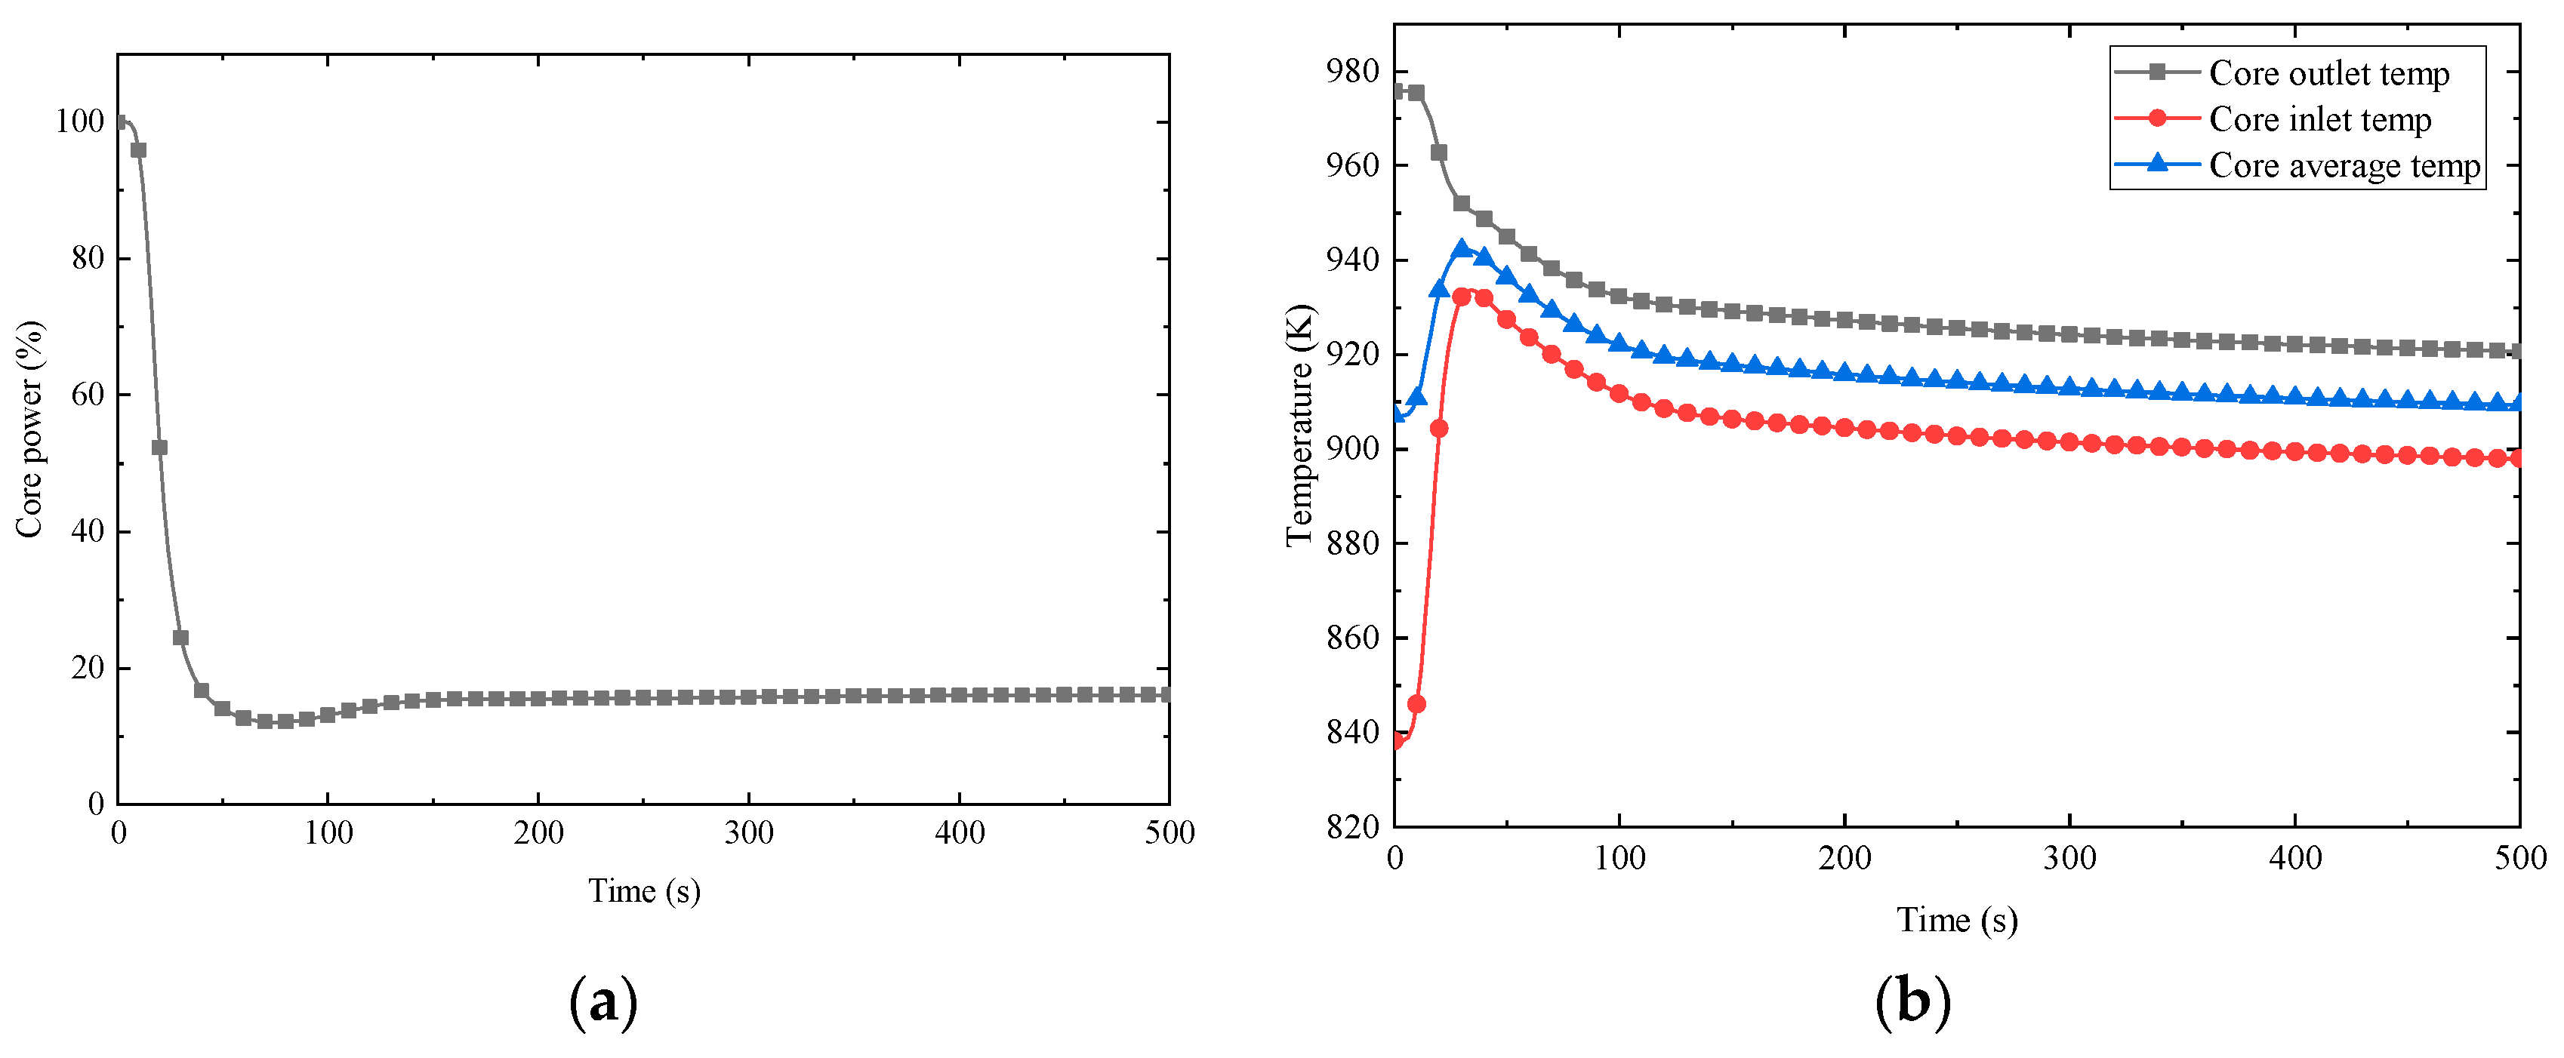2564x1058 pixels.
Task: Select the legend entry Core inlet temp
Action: (2319, 119)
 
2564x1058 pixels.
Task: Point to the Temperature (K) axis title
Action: (1300, 426)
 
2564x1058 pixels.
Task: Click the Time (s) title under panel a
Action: (643, 890)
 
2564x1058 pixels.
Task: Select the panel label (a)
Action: (602, 1001)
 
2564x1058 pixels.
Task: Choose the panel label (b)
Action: (1912, 1001)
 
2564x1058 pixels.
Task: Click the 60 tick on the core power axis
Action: (88, 395)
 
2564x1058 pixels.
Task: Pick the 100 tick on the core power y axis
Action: (79, 121)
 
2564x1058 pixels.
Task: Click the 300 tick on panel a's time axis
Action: (748, 833)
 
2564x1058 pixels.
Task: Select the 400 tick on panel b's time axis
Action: (2294, 858)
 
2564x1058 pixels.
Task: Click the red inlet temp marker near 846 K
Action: (1416, 703)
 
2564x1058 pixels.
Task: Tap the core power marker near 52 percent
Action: (159, 448)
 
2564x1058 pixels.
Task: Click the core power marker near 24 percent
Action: (180, 638)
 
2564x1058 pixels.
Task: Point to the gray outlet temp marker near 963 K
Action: (1438, 152)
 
